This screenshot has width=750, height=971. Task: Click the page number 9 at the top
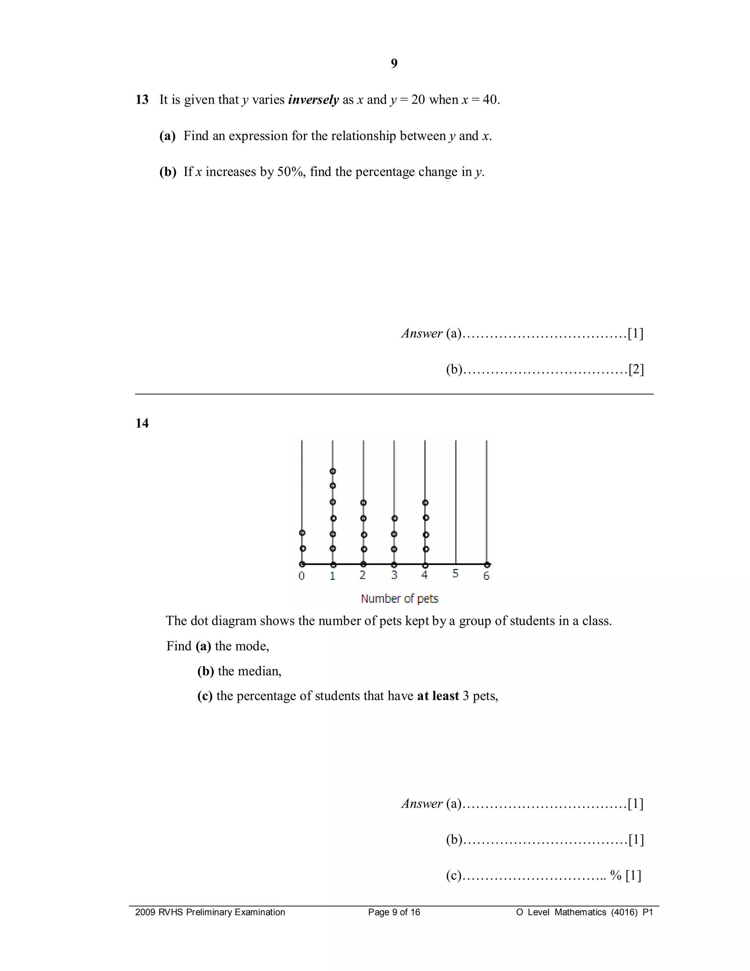point(394,64)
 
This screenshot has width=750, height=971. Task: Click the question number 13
point(142,100)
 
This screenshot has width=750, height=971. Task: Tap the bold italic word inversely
point(313,100)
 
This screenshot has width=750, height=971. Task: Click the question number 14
point(142,423)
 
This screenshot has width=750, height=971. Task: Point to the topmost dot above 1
point(333,471)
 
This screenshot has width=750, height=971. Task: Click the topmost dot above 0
point(302,533)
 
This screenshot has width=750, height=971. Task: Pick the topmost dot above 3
point(394,518)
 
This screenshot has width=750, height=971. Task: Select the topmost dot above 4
point(425,503)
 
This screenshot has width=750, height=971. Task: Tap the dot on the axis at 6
point(487,565)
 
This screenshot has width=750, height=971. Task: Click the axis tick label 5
point(456,574)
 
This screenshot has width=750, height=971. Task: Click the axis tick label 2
point(363,575)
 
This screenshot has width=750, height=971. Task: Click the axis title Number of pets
point(400,599)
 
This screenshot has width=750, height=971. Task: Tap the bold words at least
point(438,696)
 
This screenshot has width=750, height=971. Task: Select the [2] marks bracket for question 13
point(636,369)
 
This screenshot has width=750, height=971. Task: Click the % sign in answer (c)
point(615,875)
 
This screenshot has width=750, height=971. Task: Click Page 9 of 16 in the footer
point(394,912)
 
